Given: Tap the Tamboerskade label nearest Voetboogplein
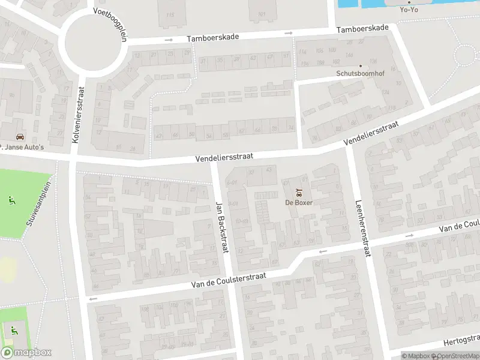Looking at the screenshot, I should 212,37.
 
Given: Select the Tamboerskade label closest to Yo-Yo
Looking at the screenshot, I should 362,29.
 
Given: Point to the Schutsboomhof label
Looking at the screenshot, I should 360,74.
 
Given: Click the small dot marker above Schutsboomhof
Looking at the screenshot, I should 361,66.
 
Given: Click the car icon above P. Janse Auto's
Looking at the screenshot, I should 20,136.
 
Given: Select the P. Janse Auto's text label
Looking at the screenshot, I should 22,146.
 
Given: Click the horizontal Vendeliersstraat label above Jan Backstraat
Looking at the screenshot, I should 224,156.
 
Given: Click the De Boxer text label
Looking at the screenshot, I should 298,202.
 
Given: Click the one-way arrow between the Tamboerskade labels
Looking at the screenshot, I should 289,32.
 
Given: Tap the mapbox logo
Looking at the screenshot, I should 26,353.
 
